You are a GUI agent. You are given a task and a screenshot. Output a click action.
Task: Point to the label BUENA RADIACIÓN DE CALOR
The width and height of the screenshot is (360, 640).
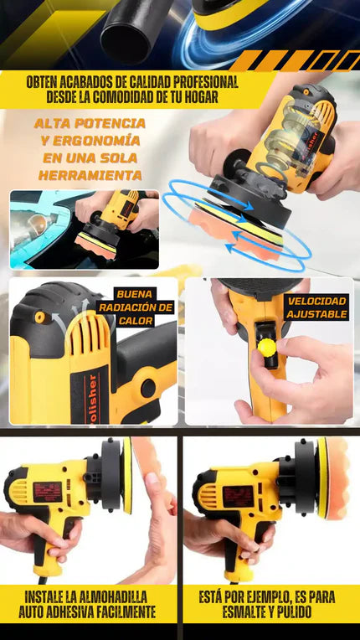pyautogui.click(x=143, y=307)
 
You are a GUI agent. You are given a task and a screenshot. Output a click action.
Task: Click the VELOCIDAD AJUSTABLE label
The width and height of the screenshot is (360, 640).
pyautogui.click(x=316, y=307)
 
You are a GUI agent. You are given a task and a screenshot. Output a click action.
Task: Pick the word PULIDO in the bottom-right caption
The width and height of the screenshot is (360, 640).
pyautogui.click(x=293, y=612)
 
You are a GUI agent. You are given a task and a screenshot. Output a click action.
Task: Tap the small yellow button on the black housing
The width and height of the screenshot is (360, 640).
pyautogui.click(x=39, y=317)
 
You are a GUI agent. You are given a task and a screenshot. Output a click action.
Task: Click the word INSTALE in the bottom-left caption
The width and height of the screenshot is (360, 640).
pyautogui.click(x=44, y=596)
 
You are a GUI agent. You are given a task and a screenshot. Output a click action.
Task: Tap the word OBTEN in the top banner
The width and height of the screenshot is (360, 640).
pyautogui.click(x=41, y=82)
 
